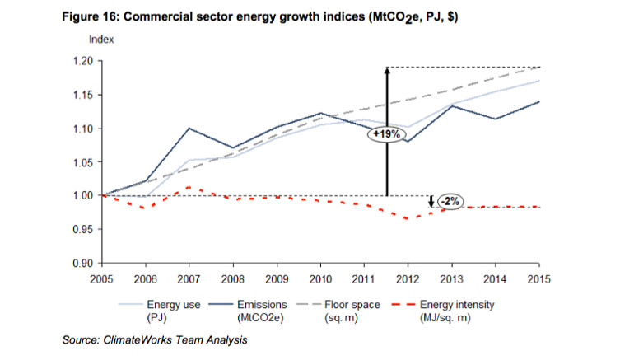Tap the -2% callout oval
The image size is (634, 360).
(450, 201)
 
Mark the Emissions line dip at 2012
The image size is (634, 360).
(408, 141)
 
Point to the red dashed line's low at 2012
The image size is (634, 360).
(407, 219)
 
